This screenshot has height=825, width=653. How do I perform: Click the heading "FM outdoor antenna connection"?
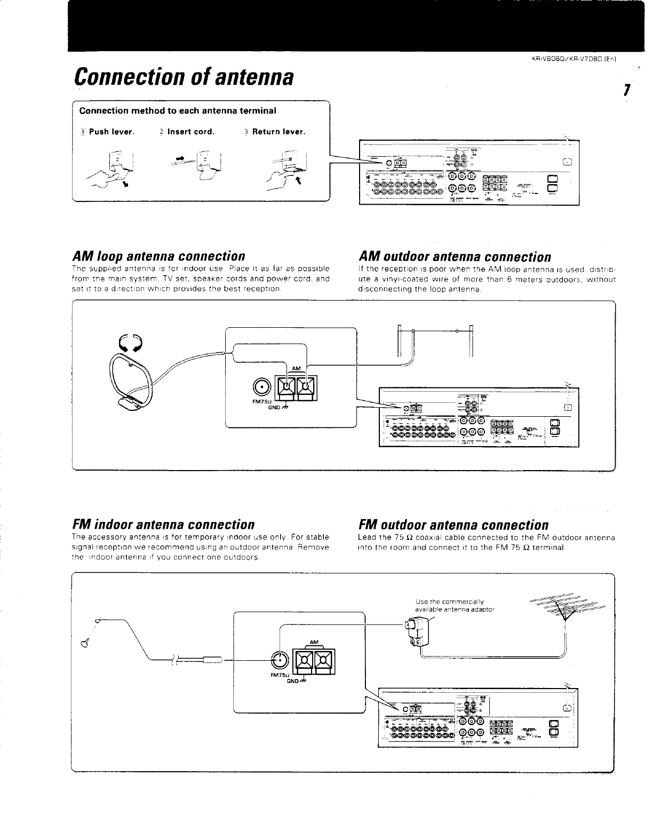click(x=453, y=525)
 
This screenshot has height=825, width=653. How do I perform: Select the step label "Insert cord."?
click(x=190, y=132)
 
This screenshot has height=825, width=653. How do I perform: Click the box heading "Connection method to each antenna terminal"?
click(x=178, y=111)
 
